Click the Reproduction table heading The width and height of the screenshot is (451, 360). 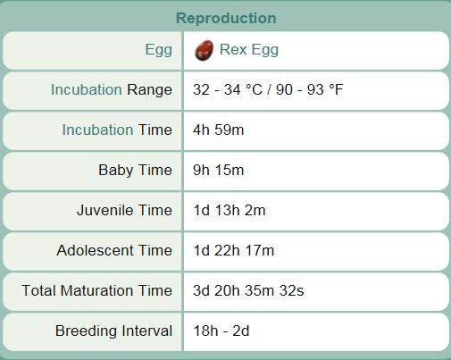tap(226, 18)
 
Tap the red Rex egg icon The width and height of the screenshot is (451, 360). tap(204, 50)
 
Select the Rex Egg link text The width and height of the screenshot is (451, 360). tap(249, 50)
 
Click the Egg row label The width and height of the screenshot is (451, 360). tap(159, 50)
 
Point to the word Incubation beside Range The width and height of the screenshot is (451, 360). tap(86, 89)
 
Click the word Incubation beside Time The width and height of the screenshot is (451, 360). tap(97, 130)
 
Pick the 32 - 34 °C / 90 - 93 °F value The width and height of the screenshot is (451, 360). tap(268, 89)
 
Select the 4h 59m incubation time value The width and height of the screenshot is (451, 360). tap(218, 130)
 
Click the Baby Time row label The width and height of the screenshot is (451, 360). tap(135, 171)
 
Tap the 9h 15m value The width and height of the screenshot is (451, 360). tap(218, 170)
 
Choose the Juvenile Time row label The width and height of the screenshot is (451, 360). tap(124, 210)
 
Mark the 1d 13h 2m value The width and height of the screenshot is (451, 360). tap(230, 210)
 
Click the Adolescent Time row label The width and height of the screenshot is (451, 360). tap(114, 250)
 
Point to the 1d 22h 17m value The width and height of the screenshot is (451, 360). tap(234, 250)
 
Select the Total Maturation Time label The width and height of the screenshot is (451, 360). tap(96, 290)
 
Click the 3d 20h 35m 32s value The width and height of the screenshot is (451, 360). tap(248, 290)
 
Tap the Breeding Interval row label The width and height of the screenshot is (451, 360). tap(113, 331)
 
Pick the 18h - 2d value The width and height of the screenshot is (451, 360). tap(221, 331)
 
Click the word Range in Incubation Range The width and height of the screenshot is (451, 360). tap(149, 90)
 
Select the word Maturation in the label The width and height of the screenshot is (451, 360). tap(96, 290)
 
